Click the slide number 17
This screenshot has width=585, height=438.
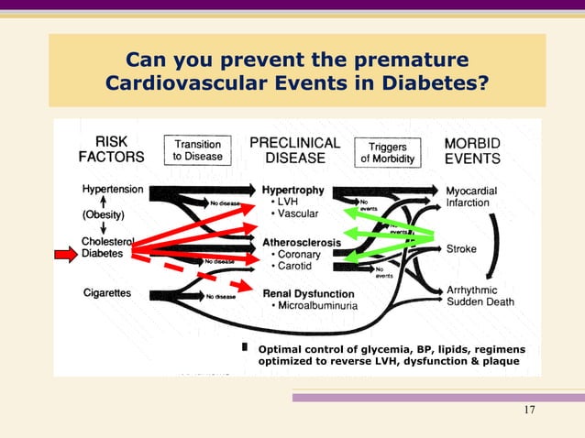click(529, 410)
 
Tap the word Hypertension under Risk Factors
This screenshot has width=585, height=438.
click(113, 190)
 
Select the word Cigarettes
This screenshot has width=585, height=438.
click(106, 294)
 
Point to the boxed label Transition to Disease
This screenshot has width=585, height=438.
click(198, 150)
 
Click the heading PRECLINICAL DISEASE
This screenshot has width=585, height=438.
click(294, 150)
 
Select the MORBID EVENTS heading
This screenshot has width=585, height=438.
click(472, 150)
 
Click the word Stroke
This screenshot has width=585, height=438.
click(462, 248)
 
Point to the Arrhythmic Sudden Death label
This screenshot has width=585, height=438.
click(480, 295)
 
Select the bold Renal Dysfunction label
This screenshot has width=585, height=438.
click(308, 293)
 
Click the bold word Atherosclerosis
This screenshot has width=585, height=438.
click(302, 242)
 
